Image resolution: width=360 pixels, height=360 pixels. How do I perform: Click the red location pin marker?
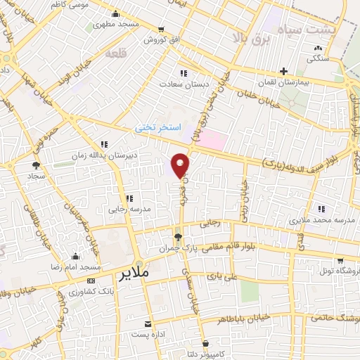181,165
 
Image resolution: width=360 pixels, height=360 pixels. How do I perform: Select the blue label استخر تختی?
159,129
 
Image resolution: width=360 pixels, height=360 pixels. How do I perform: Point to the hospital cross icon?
283,71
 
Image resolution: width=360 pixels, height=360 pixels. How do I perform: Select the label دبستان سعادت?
184,82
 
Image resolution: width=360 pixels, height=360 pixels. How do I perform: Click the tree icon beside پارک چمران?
179,237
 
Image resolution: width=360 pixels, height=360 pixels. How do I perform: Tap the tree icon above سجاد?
36,165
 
